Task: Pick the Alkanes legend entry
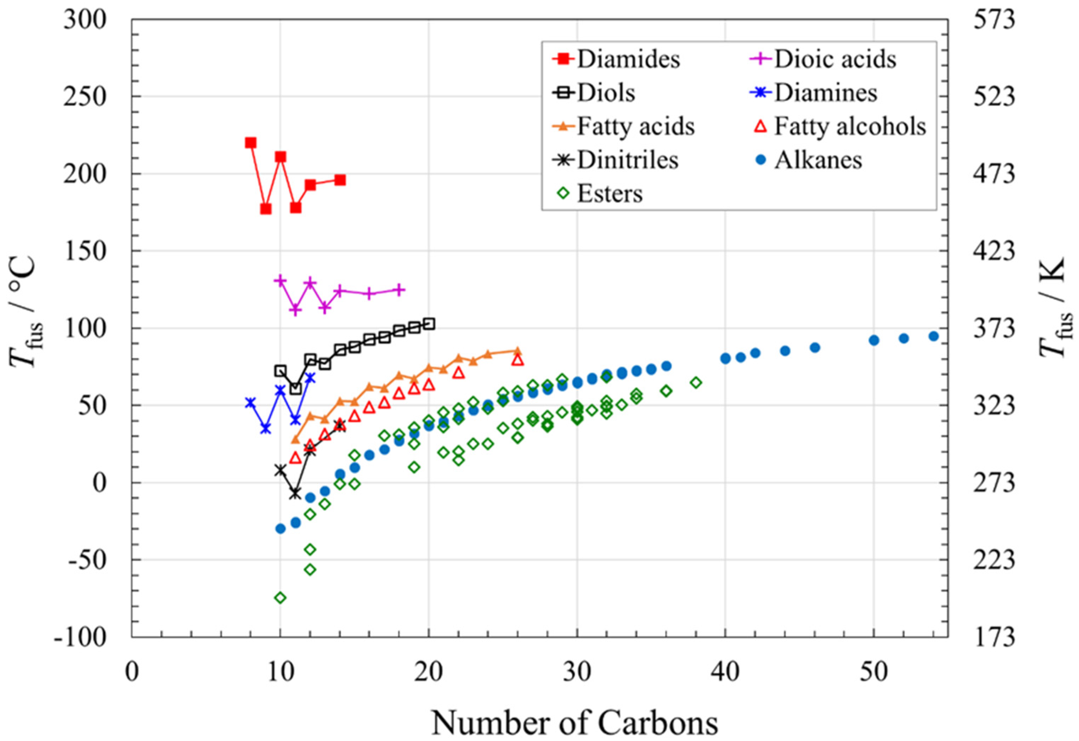[x=817, y=160]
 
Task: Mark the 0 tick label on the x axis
[x=132, y=671]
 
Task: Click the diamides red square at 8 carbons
[x=251, y=142]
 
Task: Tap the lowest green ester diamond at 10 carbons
[x=280, y=598]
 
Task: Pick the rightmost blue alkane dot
[x=934, y=336]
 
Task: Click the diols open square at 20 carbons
[x=429, y=324]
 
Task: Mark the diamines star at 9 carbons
[x=266, y=429]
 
